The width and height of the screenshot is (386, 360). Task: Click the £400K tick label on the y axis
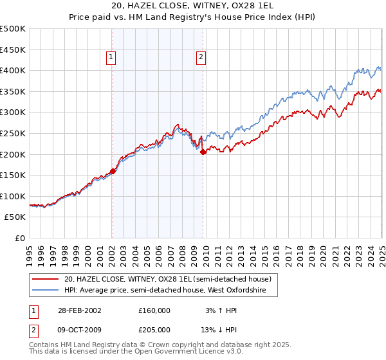pyautogui.click(x=14, y=70)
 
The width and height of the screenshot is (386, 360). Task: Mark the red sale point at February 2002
pyautogui.click(x=113, y=171)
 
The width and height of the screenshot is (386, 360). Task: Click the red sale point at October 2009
pyautogui.click(x=203, y=152)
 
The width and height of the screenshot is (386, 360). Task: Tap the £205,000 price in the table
pyautogui.click(x=154, y=329)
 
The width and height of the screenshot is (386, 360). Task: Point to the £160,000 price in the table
pyautogui.click(x=154, y=310)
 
